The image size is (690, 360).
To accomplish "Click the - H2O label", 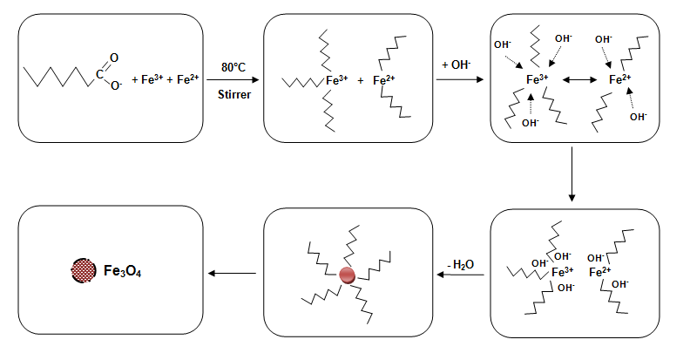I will tap(461, 262).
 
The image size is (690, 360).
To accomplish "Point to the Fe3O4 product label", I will tap(125, 272).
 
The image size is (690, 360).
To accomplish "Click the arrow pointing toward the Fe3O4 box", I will tap(233, 275).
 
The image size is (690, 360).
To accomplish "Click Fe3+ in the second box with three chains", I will tap(336, 79).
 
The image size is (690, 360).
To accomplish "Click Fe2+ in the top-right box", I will tap(620, 79).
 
